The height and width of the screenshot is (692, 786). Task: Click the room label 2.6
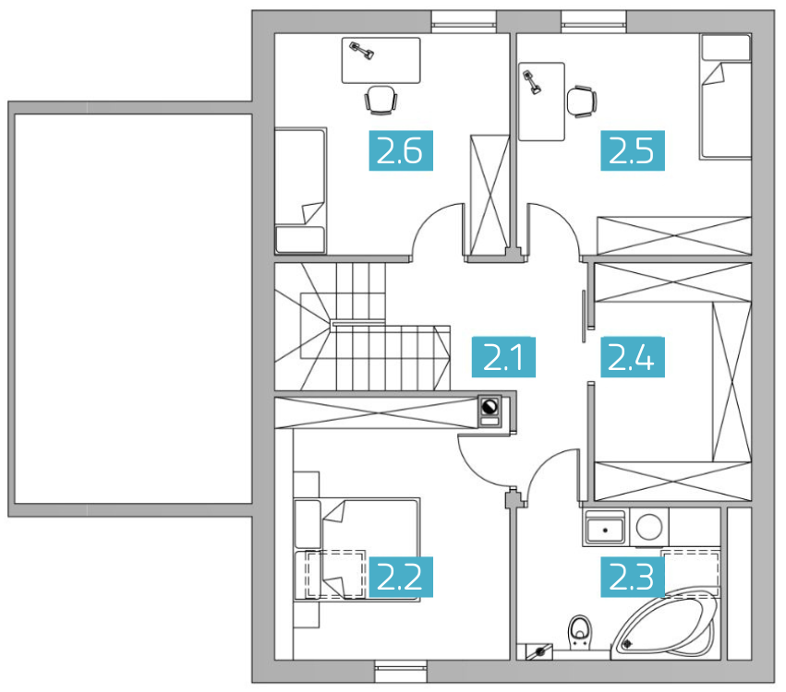click(401, 150)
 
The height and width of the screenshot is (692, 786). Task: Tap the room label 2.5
click(633, 150)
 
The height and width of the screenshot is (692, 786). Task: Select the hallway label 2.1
click(503, 357)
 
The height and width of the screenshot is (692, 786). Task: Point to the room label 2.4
click(633, 357)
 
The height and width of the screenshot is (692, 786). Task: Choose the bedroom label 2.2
click(401, 577)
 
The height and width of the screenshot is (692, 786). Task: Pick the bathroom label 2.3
click(633, 577)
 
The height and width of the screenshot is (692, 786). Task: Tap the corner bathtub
click(664, 626)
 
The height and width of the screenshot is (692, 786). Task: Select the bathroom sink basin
click(606, 529)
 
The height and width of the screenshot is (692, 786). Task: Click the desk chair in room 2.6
click(381, 100)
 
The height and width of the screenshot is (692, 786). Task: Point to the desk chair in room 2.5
click(582, 101)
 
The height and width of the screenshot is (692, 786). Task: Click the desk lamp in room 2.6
click(361, 51)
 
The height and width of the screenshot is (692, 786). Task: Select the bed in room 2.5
click(725, 97)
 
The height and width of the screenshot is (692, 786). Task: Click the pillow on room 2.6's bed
click(300, 239)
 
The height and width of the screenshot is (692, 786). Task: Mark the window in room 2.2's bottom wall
click(401, 671)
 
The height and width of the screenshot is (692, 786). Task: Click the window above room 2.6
click(465, 22)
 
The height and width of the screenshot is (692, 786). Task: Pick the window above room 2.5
click(594, 22)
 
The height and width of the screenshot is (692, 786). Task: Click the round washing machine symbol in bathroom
click(649, 527)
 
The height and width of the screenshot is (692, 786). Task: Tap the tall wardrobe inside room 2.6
click(490, 195)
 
